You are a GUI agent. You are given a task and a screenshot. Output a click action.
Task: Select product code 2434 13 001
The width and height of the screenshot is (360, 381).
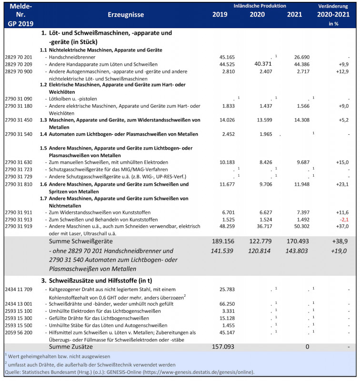[x=18, y=303]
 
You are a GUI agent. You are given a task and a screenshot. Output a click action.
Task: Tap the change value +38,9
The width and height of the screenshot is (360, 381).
[x=339, y=242]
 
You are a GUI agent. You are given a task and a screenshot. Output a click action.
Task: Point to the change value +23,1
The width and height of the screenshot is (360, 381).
[x=340, y=184]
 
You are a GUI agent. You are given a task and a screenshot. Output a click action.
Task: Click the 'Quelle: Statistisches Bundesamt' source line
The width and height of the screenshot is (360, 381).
[x=129, y=371]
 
